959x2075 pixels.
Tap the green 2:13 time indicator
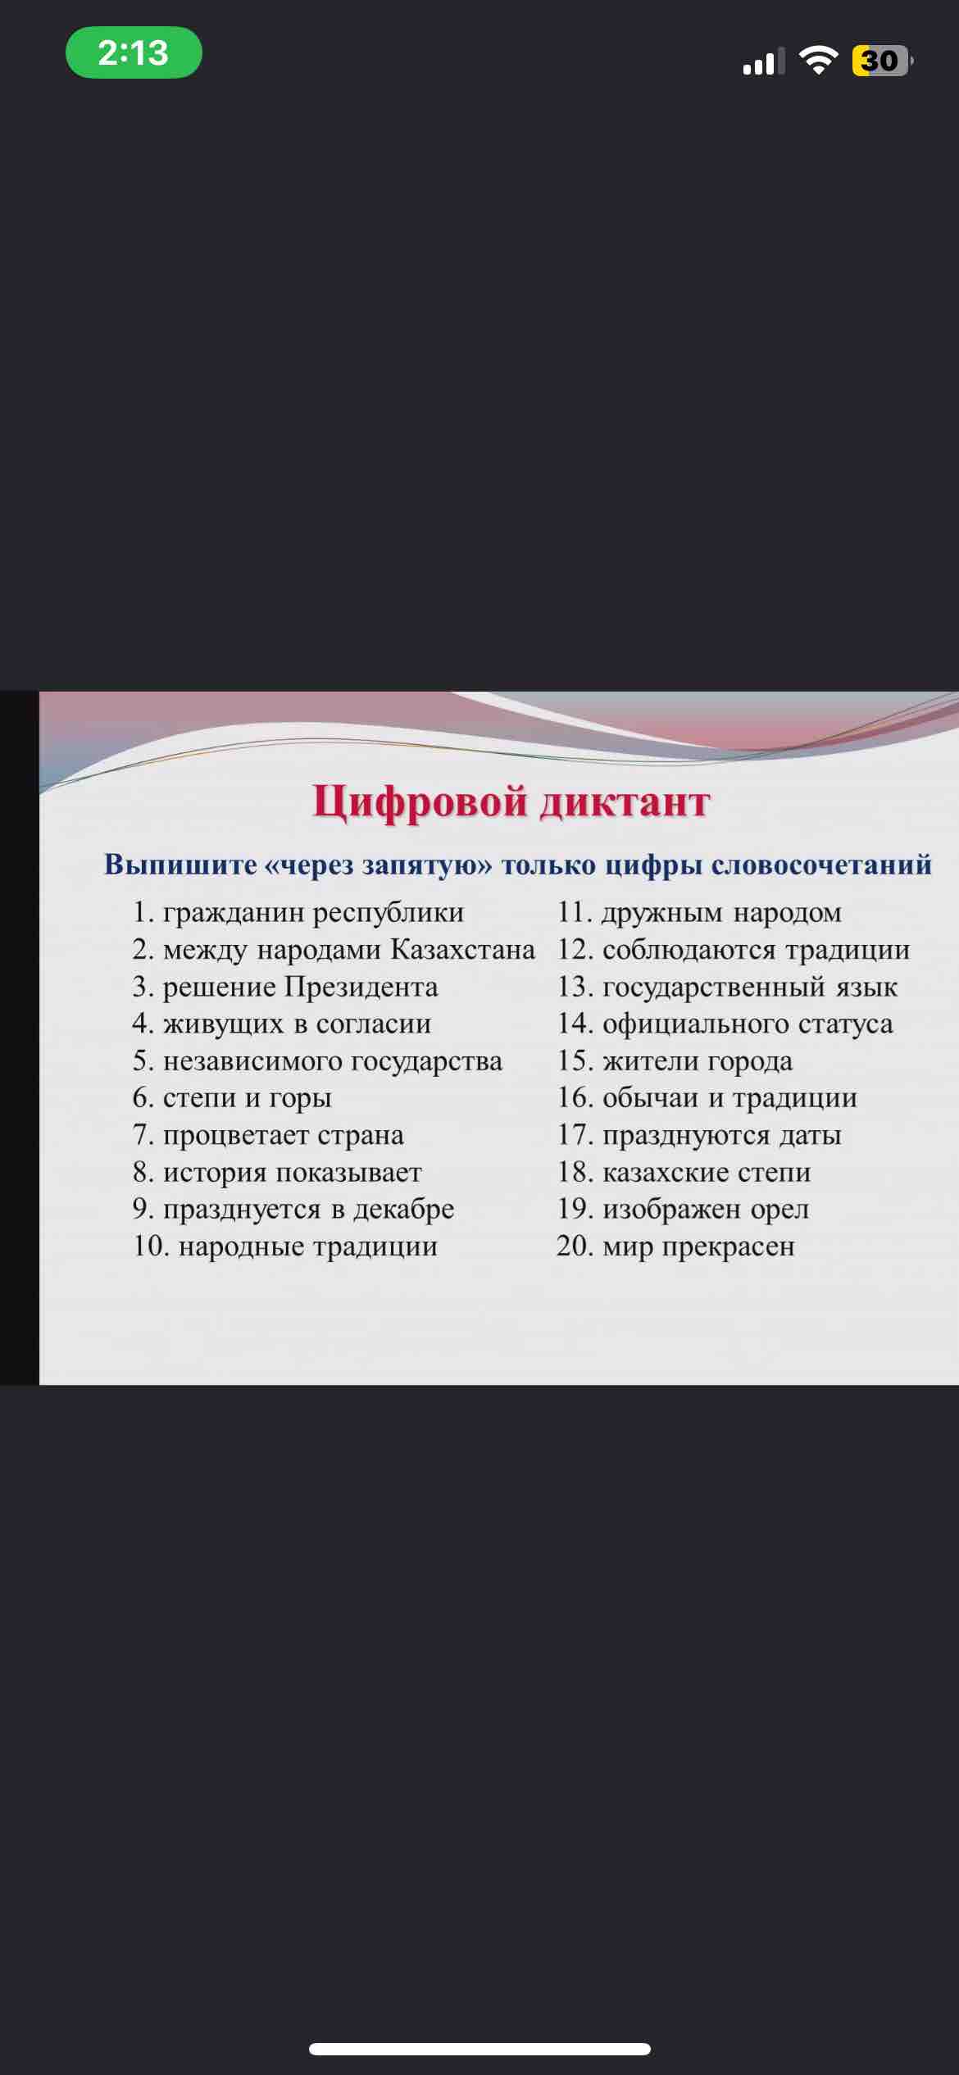click(134, 52)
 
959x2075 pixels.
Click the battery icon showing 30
click(882, 61)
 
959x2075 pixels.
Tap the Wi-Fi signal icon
click(817, 61)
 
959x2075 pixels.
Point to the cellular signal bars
click(763, 61)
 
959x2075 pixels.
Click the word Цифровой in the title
click(419, 802)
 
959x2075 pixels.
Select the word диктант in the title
click(625, 802)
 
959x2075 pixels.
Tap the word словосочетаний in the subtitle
click(821, 865)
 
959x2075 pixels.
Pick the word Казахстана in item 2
click(462, 949)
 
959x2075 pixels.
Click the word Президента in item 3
click(361, 986)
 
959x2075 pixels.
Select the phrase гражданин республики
click(313, 912)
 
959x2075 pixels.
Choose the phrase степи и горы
click(248, 1098)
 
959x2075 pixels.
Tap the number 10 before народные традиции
click(151, 1246)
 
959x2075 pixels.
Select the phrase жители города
click(698, 1061)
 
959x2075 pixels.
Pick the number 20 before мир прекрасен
click(575, 1246)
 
